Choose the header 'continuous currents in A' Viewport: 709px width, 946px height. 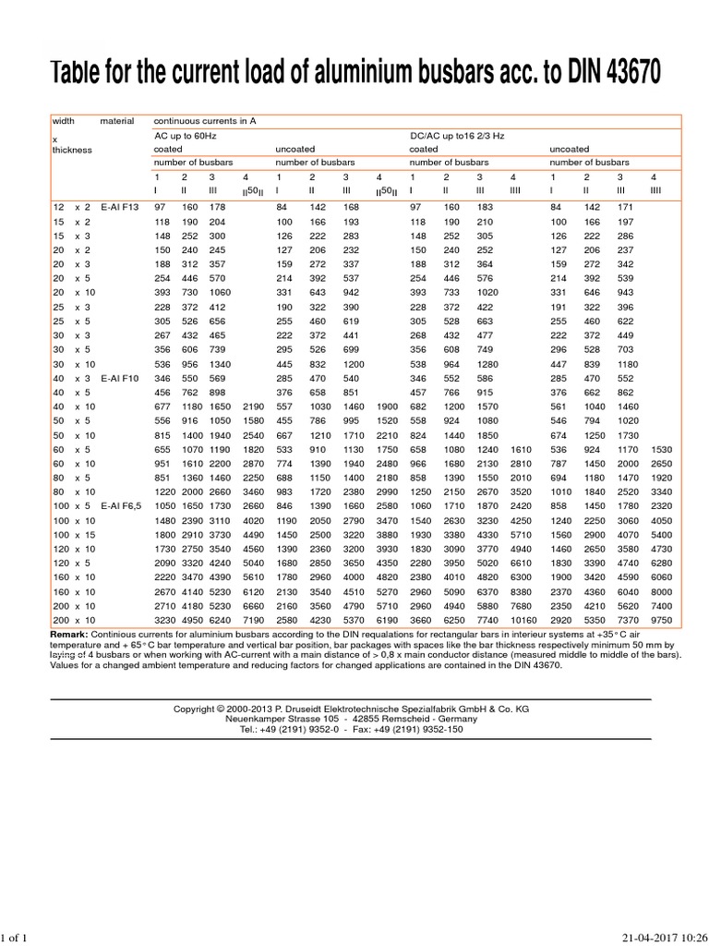pyautogui.click(x=206, y=121)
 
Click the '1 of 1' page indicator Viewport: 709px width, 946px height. pyautogui.click(x=16, y=939)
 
